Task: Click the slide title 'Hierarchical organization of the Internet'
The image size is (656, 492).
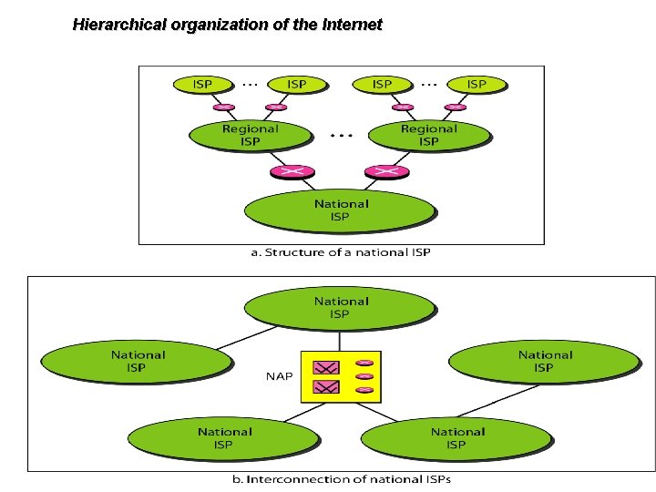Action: point(227,25)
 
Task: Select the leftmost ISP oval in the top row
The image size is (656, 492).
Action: point(203,84)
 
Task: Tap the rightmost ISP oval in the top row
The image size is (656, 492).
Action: point(476,84)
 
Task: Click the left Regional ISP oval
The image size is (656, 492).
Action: point(249,135)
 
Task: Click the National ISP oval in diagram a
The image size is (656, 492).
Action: point(341,210)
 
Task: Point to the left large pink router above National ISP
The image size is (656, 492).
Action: point(291,170)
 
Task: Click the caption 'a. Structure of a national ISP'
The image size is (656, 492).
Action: point(341,252)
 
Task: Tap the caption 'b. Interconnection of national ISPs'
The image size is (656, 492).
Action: point(341,479)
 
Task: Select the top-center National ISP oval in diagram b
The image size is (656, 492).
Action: point(341,307)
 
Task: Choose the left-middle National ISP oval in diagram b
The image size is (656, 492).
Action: point(138,361)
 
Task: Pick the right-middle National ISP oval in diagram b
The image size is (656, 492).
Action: point(544,361)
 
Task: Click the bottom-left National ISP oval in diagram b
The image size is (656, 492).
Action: point(224,438)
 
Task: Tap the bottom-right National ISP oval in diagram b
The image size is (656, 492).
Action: point(457,438)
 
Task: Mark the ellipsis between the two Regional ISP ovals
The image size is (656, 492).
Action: point(340,135)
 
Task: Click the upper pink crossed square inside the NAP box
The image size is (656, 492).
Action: point(325,367)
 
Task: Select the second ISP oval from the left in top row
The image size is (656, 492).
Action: point(296,84)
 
